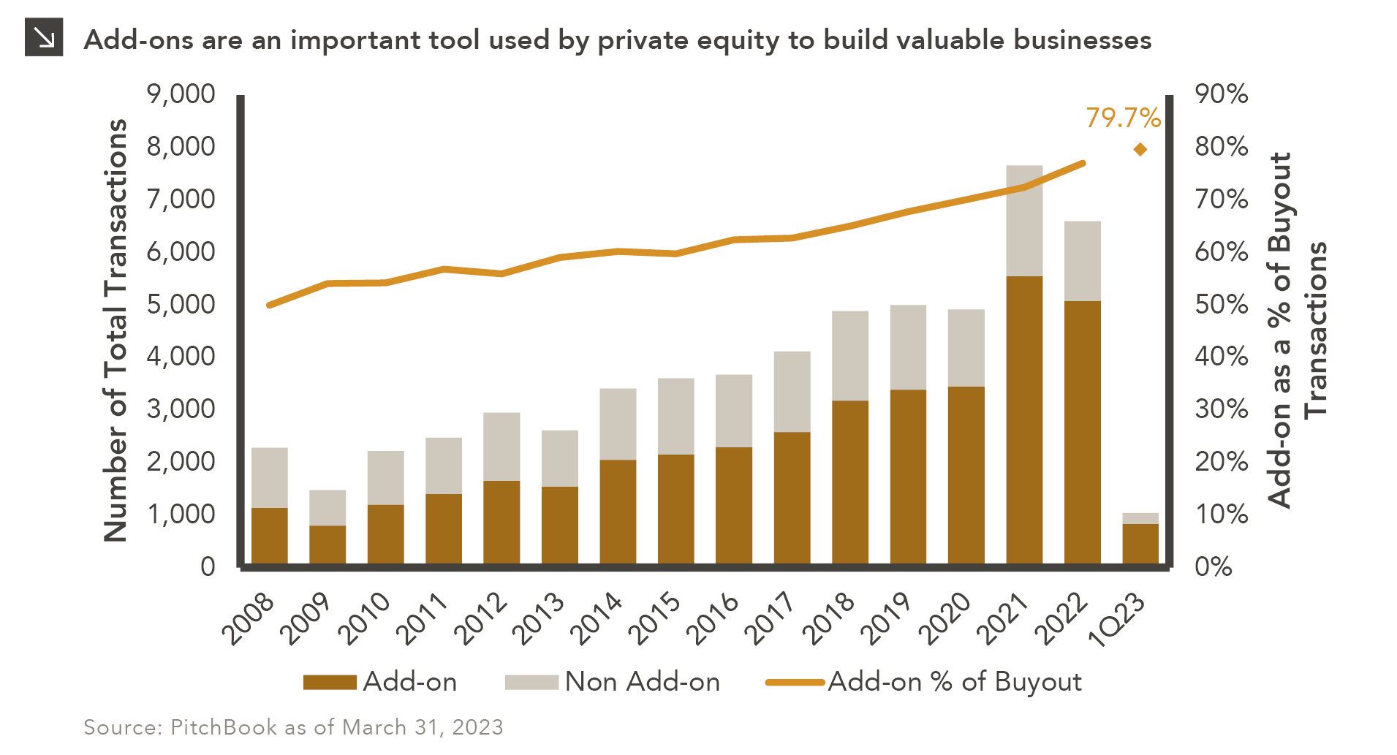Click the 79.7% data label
tap(1123, 118)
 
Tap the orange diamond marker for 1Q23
tap(1140, 149)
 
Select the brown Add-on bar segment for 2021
tap(1023, 420)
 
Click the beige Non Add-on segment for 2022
tap(1082, 261)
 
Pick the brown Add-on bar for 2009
tap(328, 545)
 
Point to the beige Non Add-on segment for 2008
tap(269, 477)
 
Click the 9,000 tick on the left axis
tap(181, 94)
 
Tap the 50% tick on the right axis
tap(1221, 304)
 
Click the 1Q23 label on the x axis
tap(1116, 620)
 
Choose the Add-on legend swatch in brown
tap(330, 682)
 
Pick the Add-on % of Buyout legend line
tap(795, 682)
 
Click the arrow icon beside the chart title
tap(44, 37)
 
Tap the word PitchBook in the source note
tap(223, 727)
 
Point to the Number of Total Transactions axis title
tap(116, 330)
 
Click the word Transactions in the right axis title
tap(1315, 330)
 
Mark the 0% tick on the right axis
tap(1214, 566)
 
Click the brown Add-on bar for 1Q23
tap(1140, 544)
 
